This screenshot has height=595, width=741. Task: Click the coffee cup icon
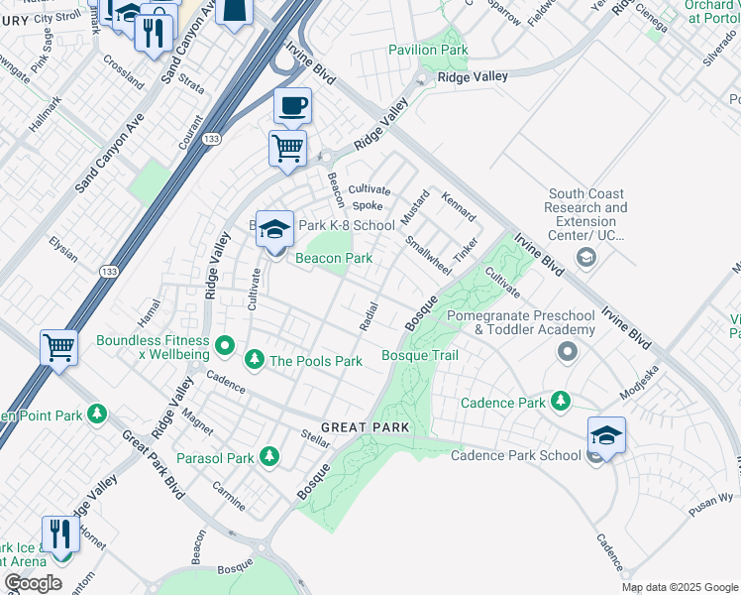292,105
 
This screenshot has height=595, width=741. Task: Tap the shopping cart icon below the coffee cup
287,149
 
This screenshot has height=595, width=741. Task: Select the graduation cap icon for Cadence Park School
606,434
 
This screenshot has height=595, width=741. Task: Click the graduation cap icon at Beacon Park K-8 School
274,229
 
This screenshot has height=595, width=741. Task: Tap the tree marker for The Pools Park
255,358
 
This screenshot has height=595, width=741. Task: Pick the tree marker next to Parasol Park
268,455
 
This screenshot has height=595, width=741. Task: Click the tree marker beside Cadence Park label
561,401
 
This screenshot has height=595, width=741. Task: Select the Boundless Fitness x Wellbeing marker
225,346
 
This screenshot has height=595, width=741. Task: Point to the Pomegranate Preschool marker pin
568,351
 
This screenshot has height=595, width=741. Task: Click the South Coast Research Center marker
585,258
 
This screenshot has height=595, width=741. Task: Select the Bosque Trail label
420,355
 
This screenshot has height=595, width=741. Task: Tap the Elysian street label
63,248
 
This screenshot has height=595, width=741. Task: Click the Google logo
34,583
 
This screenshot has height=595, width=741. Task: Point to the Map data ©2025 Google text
679,587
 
